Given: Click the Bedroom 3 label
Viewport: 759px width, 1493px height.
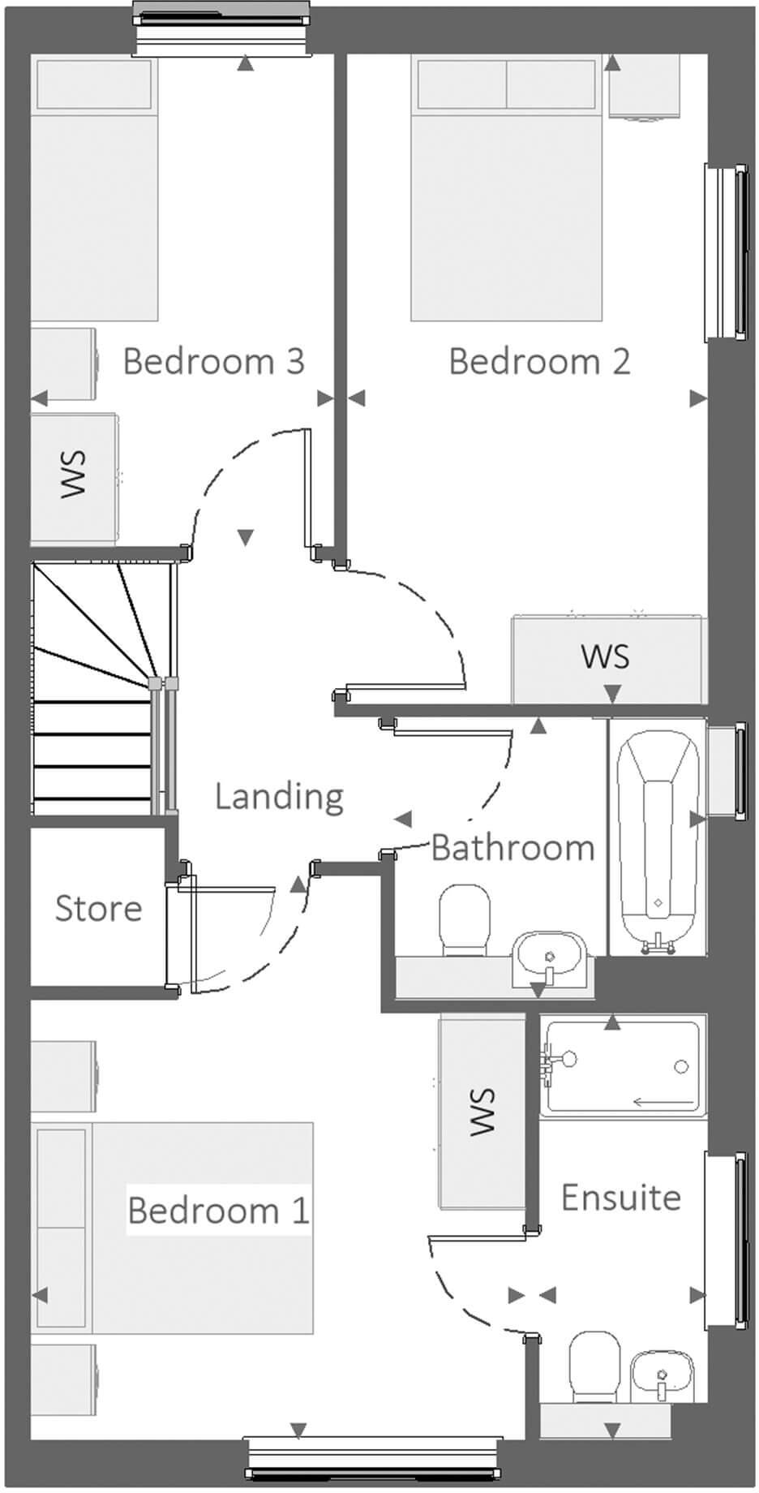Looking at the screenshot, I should (213, 361).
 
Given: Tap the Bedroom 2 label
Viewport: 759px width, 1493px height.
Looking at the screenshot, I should (539, 361).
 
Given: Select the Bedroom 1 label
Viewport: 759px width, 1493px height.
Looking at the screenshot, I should (218, 1210).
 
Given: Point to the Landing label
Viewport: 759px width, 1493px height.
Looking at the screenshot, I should (279, 796).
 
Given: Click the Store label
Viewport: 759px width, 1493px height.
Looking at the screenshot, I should (98, 908).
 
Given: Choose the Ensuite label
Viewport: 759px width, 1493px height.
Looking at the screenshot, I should (621, 1198).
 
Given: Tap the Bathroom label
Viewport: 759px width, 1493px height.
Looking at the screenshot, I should (512, 848).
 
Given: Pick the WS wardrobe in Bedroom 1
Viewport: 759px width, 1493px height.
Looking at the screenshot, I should (482, 1112).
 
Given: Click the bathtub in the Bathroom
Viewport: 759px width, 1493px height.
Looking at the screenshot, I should (658, 836).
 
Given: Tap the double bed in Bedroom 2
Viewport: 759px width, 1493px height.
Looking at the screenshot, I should (507, 191).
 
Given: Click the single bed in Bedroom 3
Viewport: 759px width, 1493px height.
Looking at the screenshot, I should (94, 191).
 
